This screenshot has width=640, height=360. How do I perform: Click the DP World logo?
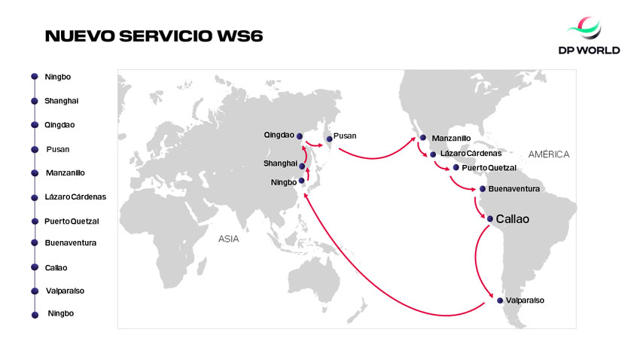(594, 37)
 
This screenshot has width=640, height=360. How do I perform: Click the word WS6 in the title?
(239, 36)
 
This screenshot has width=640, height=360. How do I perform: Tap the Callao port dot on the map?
(489, 219)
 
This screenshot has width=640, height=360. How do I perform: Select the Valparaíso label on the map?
(526, 301)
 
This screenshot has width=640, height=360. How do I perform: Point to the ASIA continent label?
(228, 239)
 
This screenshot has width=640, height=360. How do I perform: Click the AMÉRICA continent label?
(549, 154)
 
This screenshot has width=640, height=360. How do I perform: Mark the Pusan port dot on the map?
(329, 139)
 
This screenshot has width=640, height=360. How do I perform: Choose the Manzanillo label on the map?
(451, 139)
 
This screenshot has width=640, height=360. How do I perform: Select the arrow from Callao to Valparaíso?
(476, 260)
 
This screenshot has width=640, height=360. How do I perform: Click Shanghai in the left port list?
(62, 101)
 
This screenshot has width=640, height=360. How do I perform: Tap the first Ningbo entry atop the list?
(58, 77)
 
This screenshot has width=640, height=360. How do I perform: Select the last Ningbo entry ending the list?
(61, 313)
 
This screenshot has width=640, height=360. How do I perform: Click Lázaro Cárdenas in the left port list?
(75, 197)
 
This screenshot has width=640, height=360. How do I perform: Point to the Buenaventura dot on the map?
(481, 188)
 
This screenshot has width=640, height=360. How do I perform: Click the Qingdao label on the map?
(279, 136)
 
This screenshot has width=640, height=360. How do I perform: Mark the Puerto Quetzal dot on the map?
(456, 167)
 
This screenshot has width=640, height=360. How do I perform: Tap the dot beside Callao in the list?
(34, 267)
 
